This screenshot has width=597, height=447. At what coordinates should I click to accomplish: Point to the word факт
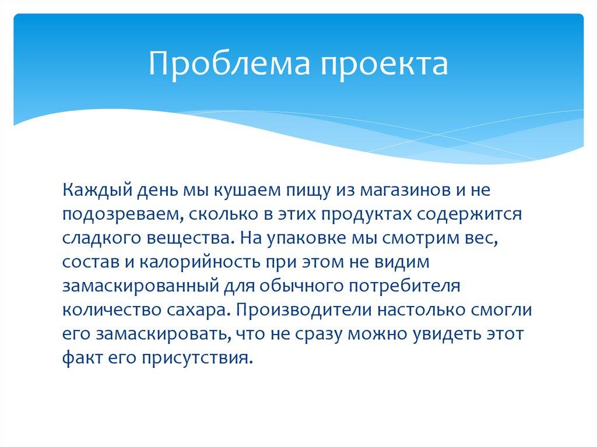click(x=78, y=357)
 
